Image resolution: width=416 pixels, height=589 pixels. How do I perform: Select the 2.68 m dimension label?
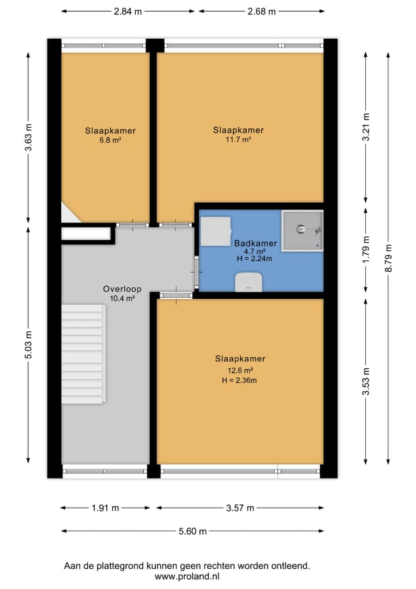[261, 11]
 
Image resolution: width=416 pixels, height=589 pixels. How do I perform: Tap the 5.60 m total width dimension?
[192, 531]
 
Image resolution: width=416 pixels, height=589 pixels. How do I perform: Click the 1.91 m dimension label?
[105, 508]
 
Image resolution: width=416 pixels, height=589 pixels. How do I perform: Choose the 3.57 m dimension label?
[240, 508]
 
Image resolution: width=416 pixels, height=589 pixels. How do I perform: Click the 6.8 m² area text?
[110, 140]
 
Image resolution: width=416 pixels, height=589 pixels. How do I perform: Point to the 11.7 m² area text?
[239, 139]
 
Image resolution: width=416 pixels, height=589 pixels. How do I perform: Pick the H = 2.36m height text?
[239, 380]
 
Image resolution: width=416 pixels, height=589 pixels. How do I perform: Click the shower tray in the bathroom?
[302, 231]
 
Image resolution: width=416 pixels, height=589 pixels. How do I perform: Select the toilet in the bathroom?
[249, 282]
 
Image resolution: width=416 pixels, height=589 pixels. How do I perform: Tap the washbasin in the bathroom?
[215, 231]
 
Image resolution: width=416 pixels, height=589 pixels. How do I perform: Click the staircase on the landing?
[83, 354]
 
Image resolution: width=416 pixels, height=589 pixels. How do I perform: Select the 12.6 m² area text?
[239, 371]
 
